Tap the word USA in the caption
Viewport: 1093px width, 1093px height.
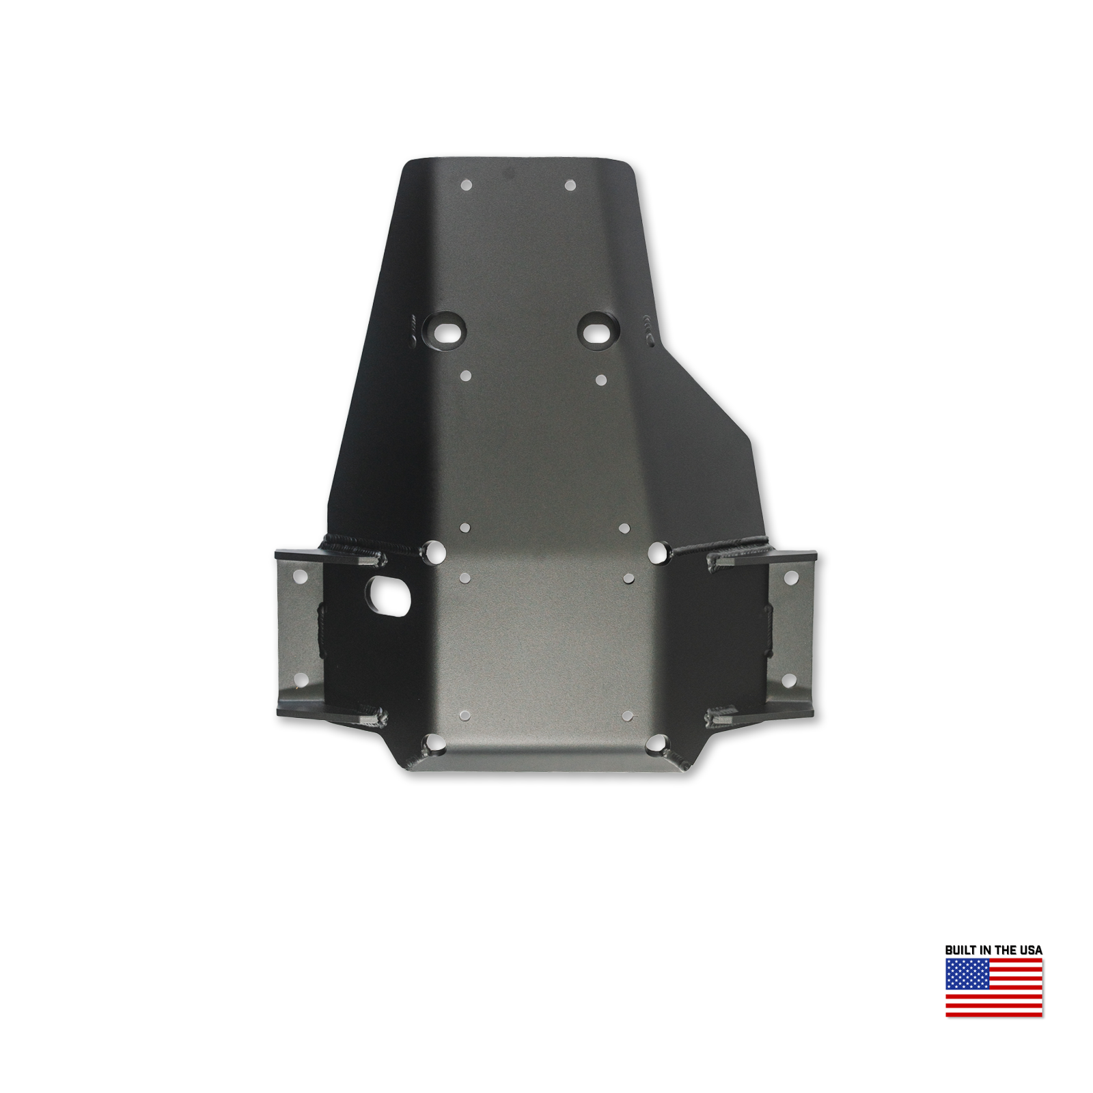coord(1031,950)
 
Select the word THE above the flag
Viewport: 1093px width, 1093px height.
coord(1006,950)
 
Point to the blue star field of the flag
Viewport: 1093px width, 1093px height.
coord(967,974)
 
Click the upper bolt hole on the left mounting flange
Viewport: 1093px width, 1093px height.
coord(299,578)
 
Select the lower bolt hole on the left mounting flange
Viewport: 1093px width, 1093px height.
coord(299,680)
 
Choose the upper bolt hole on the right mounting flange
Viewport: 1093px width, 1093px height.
coord(790,578)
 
